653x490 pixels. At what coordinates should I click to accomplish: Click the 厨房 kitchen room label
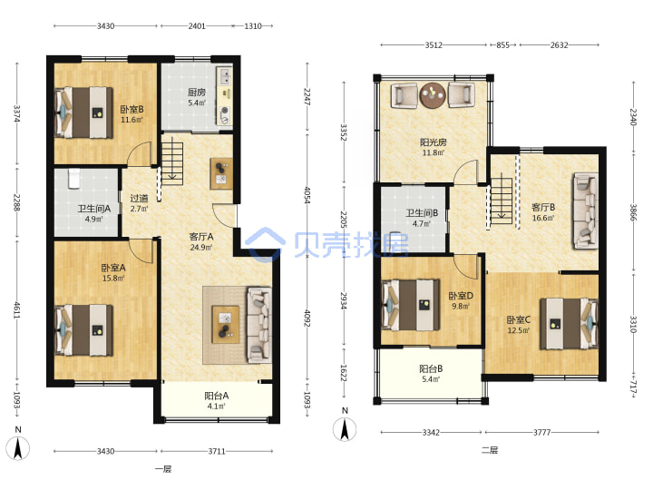tap(196, 93)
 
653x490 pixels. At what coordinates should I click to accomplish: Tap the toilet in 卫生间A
tap(73, 178)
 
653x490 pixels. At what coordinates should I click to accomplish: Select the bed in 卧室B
tap(83, 113)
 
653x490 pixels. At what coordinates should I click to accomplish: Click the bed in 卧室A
tap(83, 330)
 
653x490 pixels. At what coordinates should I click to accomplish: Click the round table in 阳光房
tap(433, 95)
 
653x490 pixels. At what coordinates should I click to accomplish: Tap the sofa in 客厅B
tap(586, 211)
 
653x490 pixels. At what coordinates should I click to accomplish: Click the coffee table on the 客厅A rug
tap(225, 325)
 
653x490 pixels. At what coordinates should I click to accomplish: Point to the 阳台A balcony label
tap(216, 396)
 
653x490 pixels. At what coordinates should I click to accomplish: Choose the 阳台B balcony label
tap(431, 368)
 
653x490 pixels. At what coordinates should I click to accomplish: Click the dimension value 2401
tap(197, 25)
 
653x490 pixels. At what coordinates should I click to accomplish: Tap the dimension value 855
tap(502, 45)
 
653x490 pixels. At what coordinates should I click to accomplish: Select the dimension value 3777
tap(541, 433)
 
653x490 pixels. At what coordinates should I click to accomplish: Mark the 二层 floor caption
tap(490, 450)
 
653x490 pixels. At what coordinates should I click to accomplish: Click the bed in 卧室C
tap(570, 323)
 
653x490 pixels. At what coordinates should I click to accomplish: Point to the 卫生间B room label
tap(422, 213)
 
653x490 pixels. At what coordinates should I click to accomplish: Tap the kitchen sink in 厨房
tap(225, 76)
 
